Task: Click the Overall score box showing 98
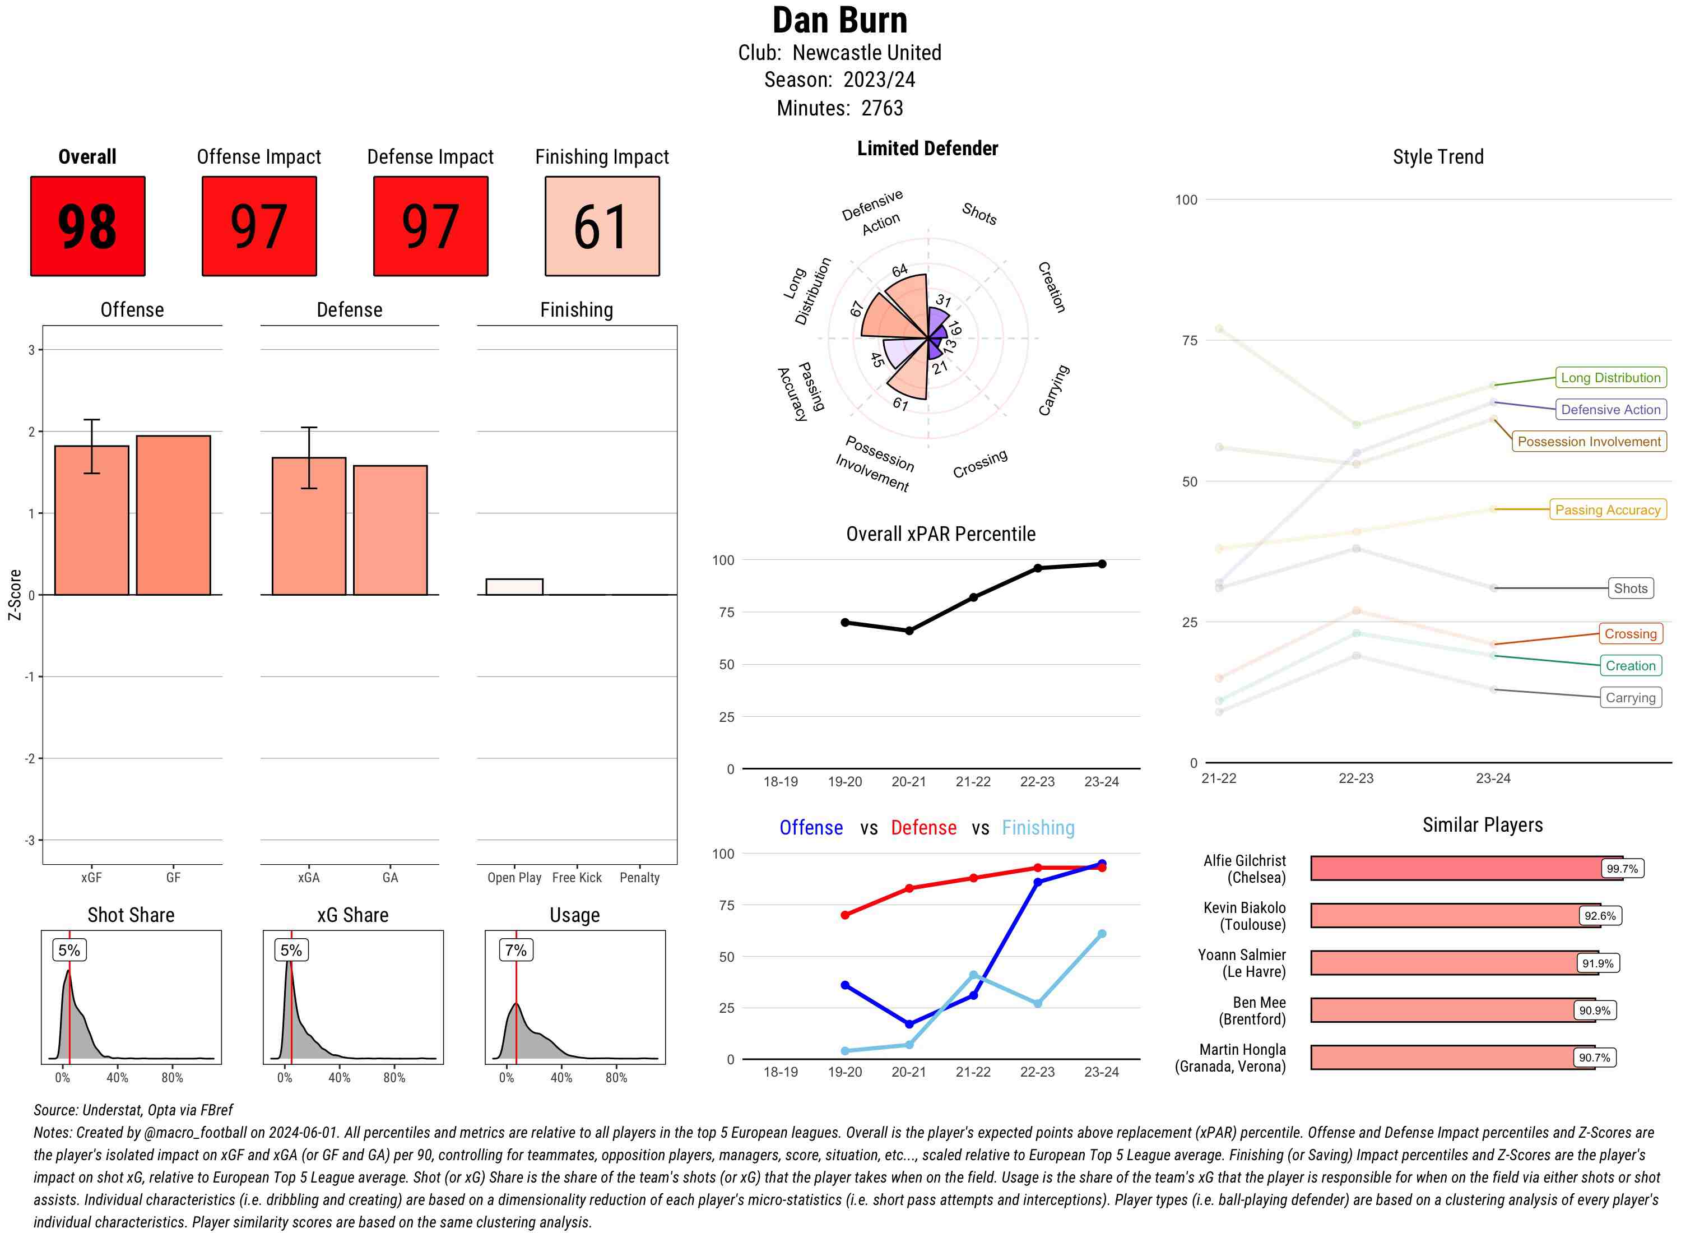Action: point(87,226)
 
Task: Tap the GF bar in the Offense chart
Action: point(173,515)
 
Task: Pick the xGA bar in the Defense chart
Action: point(308,526)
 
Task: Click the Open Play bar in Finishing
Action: point(514,587)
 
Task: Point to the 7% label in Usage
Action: point(516,950)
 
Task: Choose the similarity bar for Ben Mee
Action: point(1451,1010)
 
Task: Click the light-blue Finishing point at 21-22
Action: point(973,975)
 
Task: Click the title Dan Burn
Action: point(839,20)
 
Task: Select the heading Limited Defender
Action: point(927,149)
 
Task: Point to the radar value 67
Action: point(857,308)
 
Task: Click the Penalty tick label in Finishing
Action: point(639,878)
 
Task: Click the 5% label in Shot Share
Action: point(69,950)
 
